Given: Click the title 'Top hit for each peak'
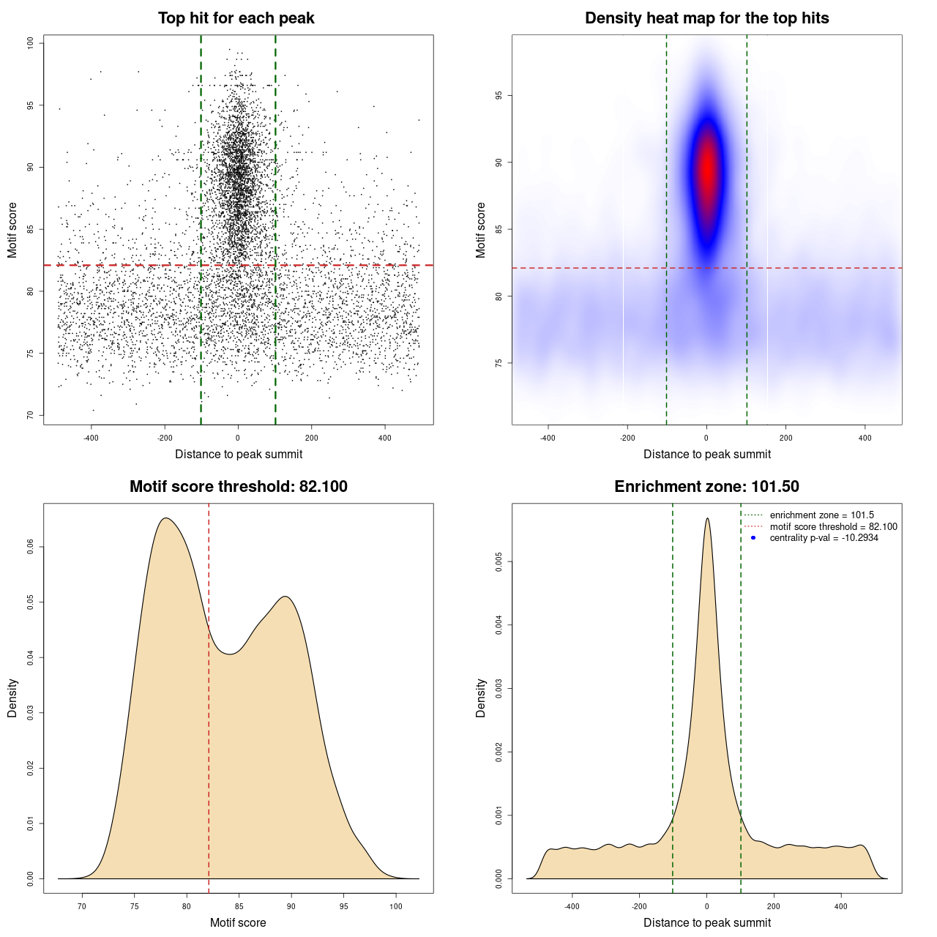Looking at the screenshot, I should pyautogui.click(x=236, y=18).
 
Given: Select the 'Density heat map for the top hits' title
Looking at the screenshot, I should pyautogui.click(x=706, y=18).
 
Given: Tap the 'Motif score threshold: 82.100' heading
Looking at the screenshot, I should pyautogui.click(x=238, y=487).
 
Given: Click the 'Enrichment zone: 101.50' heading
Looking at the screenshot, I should pyautogui.click(x=706, y=487).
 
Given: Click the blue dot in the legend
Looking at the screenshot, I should pyautogui.click(x=753, y=538).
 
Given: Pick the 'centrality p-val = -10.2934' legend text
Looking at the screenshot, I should pyautogui.click(x=824, y=538).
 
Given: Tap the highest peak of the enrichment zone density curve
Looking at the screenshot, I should pyautogui.click(x=707, y=518).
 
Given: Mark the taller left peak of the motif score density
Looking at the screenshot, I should pyautogui.click(x=166, y=518).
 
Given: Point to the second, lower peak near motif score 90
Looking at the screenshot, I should pyautogui.click(x=286, y=596).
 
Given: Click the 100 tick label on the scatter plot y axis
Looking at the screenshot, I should pyautogui.click(x=31, y=43).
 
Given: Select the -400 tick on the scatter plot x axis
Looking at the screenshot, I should pyautogui.click(x=91, y=438).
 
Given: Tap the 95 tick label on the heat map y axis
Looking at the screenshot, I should pyautogui.click(x=499, y=95).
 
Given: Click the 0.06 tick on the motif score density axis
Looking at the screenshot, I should pyautogui.click(x=31, y=547).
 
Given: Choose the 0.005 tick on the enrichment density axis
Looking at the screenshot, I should pyautogui.click(x=499, y=561).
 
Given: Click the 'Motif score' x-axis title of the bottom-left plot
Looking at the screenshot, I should pyautogui.click(x=238, y=922).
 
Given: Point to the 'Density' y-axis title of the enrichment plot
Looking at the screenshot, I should pyautogui.click(x=481, y=698).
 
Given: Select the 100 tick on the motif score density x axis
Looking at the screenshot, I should pyautogui.click(x=396, y=906).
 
